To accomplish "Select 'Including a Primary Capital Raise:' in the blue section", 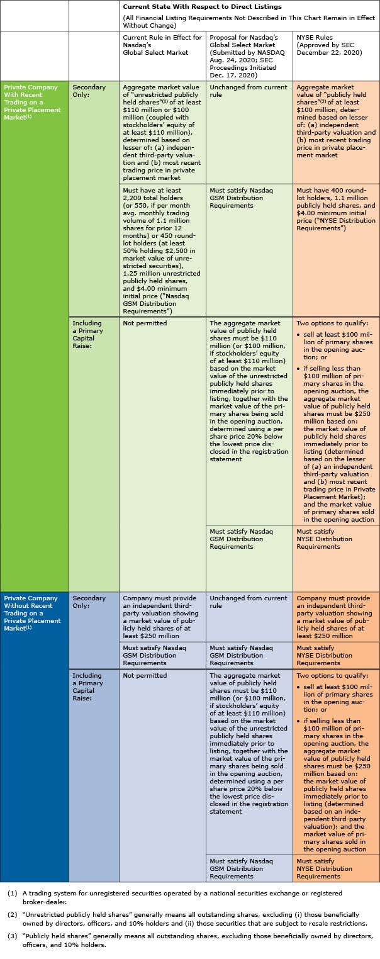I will [87, 687].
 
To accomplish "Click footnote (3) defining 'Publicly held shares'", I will [189, 941].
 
